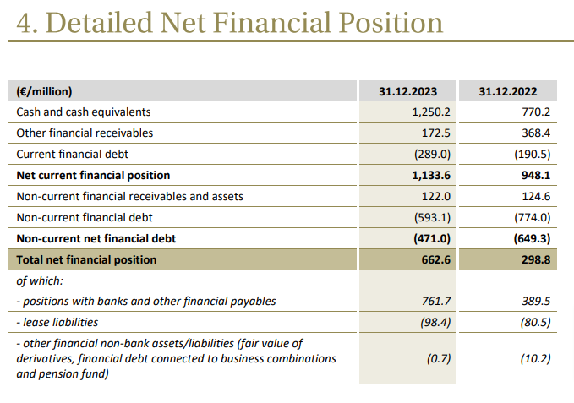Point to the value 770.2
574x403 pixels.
coord(535,112)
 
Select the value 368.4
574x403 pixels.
coord(535,133)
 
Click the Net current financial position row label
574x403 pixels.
coord(93,175)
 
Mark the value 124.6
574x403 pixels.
coord(535,196)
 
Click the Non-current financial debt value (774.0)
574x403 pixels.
coord(533,217)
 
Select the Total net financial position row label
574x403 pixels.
coord(87,260)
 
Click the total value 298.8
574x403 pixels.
coord(535,260)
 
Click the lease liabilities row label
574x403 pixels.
coord(57,322)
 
